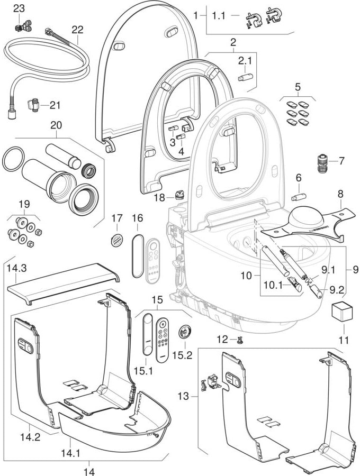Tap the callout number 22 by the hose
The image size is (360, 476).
pos(78,31)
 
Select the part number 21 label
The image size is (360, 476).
pos(55,105)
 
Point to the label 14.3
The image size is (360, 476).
pos(16,269)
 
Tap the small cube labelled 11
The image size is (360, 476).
pos(341,312)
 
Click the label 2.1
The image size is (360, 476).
pos(245,61)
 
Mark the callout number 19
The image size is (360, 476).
pos(24,204)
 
